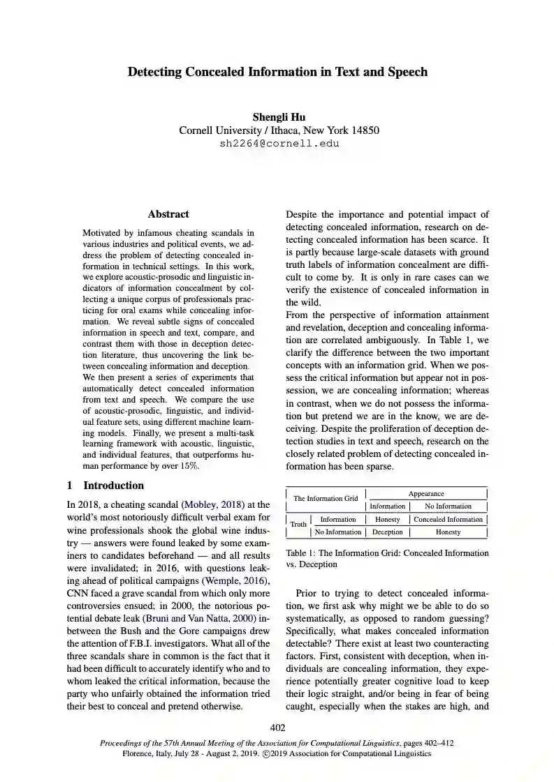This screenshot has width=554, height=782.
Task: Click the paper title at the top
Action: point(277,72)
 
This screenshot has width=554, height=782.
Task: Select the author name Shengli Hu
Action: point(279,117)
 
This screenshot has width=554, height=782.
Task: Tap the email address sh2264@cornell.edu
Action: point(279,144)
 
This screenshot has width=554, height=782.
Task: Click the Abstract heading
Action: point(168,214)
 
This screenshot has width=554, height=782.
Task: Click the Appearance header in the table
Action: point(426,494)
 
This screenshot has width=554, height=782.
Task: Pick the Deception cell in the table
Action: point(387,532)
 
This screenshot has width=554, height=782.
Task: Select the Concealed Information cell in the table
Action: point(448,519)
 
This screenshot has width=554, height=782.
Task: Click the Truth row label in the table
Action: point(298,525)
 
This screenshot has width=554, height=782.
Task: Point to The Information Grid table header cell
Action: point(325,498)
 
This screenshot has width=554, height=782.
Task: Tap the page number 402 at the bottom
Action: point(277,728)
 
